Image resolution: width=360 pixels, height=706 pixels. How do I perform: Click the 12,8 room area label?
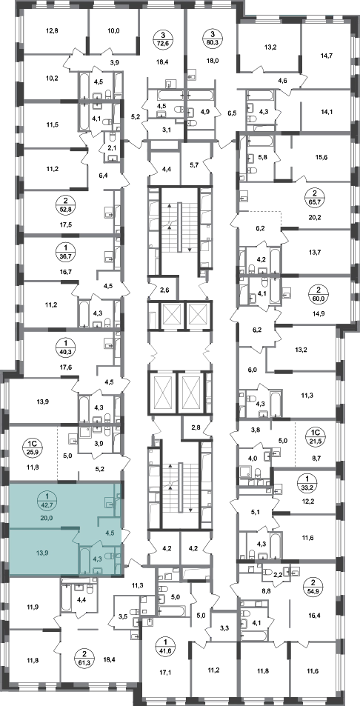pos(53,31)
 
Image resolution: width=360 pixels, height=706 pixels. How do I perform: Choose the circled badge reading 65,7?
pos(313,200)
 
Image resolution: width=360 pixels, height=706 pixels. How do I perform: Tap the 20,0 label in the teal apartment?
pos(47,519)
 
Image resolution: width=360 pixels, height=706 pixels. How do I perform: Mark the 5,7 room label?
pos(194,165)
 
